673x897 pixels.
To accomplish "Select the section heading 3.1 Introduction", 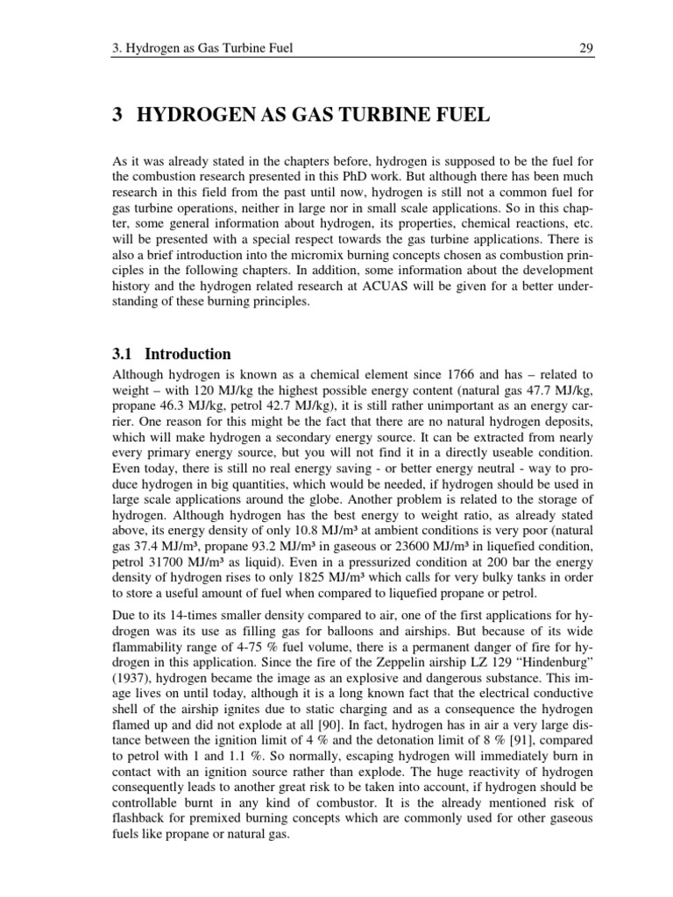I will (173, 354).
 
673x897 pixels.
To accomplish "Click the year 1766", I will (435, 374).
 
